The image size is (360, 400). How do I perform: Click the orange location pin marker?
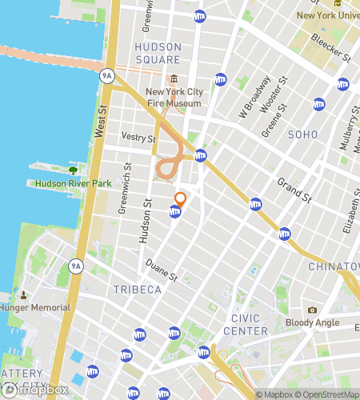pyautogui.click(x=180, y=198)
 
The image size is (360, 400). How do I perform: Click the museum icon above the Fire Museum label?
pyautogui.click(x=174, y=78)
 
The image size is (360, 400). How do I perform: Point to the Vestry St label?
pyautogui.click(x=138, y=138)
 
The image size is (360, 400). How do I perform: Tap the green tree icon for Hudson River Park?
pyautogui.click(x=73, y=170)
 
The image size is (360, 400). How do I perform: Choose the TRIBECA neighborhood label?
pyautogui.click(x=138, y=289)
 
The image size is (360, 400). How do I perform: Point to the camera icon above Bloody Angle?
pyautogui.click(x=312, y=310)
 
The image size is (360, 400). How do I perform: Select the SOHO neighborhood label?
pyautogui.click(x=302, y=134)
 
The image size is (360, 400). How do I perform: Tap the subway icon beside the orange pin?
pyautogui.click(x=174, y=212)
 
